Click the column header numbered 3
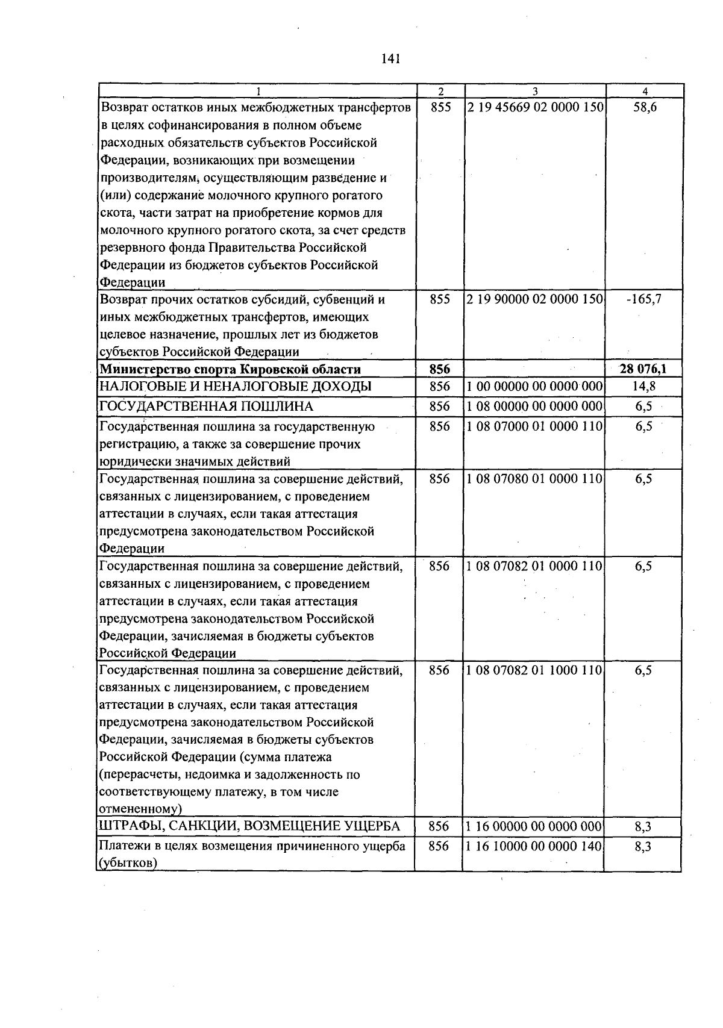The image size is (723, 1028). tap(534, 92)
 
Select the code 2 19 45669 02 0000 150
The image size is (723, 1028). tap(534, 108)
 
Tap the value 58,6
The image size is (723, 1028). tap(645, 108)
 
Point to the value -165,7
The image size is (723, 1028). tap(643, 299)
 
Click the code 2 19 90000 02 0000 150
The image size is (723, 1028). tap(534, 299)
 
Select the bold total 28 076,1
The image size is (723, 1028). tap(643, 369)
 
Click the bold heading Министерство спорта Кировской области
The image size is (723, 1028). tap(230, 369)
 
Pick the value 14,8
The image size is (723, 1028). tap(644, 387)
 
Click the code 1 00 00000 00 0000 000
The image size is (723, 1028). tap(534, 387)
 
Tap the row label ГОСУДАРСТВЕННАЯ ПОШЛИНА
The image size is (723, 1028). tap(206, 407)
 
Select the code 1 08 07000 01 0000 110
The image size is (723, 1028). tap(534, 426)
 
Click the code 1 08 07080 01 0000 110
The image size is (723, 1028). tap(534, 479)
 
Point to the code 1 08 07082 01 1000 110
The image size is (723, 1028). tap(534, 670)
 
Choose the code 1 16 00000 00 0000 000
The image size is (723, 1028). tap(534, 827)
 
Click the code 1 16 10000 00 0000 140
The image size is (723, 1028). tap(534, 846)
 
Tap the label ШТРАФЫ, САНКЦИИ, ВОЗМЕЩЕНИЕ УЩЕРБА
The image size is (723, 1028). tap(249, 827)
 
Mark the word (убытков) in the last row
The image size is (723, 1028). tap(128, 864)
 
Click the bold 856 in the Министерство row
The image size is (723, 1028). tap(440, 369)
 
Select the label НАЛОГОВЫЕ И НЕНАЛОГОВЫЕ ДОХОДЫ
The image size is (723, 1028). tap(235, 387)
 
